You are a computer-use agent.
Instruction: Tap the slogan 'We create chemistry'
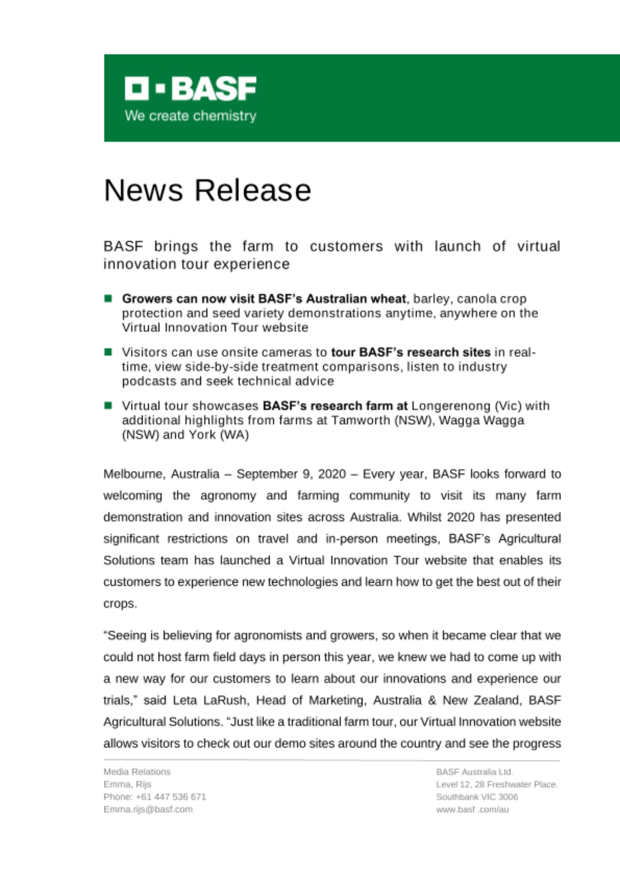coord(190,116)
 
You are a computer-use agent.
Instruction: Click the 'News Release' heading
coord(207,190)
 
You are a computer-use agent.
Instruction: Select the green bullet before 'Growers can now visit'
coord(108,299)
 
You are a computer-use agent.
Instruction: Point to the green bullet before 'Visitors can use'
coord(108,352)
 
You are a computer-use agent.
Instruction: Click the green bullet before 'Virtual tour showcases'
coord(108,406)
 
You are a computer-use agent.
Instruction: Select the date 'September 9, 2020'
coord(291,474)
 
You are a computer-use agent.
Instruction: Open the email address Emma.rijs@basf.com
coord(148,809)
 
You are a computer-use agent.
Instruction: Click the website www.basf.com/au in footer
coord(472,809)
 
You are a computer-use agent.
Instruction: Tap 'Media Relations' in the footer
coord(137,772)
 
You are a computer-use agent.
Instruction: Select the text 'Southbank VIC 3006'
coord(477,797)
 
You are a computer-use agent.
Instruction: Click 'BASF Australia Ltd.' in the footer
coord(474,772)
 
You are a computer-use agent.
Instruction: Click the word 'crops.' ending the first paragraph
coord(120,604)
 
